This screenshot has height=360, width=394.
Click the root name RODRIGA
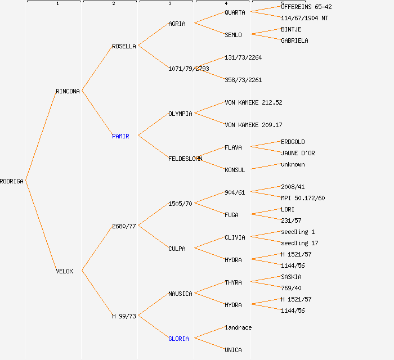pos(12,181)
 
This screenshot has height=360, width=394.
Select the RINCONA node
pos(68,91)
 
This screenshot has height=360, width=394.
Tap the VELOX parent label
pos(64,271)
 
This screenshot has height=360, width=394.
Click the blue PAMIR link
pos(120,136)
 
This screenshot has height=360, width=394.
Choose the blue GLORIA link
pos(178,339)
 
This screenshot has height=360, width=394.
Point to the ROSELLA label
pos(124,46)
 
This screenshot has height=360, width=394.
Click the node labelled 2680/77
pos(124,226)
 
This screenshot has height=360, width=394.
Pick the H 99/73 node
pos(124,316)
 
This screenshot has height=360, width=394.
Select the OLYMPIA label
pos(180,114)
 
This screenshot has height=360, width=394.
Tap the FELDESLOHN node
pos(185,159)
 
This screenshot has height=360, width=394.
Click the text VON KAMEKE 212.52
pos(253,102)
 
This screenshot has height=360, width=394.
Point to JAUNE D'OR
pos(298,153)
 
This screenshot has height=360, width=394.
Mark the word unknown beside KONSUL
pos(293,164)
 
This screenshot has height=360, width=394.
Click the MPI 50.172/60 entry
pos(303,198)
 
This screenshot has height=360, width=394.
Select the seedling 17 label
pos(299,243)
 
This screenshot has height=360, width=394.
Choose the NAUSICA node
pos(180,294)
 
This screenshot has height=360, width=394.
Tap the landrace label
pos(238,327)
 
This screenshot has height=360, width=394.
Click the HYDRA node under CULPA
pos(233,260)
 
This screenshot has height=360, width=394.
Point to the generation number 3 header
pos(169,4)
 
